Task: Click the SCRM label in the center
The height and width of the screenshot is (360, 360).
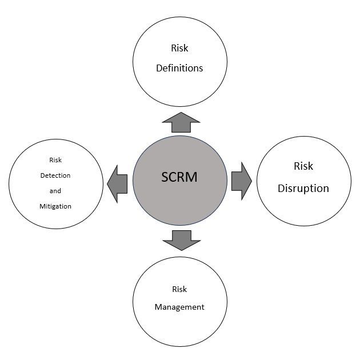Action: tap(179, 177)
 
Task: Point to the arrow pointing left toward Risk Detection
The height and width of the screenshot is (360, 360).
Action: tap(118, 183)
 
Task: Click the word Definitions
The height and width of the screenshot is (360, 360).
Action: tap(179, 68)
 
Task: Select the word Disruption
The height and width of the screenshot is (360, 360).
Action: tap(303, 188)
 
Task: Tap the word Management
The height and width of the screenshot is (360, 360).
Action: tap(179, 307)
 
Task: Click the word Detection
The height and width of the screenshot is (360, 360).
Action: tap(55, 175)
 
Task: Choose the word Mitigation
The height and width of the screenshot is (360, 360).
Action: tap(55, 206)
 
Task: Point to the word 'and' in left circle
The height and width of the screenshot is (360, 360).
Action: tap(55, 191)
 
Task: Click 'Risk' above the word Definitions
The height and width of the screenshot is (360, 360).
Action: tap(179, 49)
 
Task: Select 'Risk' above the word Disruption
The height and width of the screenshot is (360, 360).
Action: tap(303, 166)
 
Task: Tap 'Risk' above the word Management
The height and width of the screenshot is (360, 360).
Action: tap(179, 290)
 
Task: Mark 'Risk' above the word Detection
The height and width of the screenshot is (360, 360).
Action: tap(55, 161)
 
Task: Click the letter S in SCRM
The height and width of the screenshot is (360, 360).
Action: tap(165, 177)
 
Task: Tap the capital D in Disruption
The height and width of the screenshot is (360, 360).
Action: tap(282, 188)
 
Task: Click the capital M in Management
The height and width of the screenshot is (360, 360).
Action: tap(158, 307)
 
